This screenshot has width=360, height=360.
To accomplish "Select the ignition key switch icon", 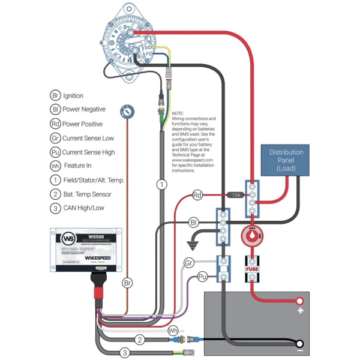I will click(x=127, y=110).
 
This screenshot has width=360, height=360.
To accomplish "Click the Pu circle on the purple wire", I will click(x=202, y=276).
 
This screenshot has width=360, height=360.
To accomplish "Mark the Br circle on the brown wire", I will click(x=127, y=282).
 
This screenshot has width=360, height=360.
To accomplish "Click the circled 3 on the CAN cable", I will click(x=125, y=353).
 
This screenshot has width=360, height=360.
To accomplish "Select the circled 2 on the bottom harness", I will click(x=140, y=340).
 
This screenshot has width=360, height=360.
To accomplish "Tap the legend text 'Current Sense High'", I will click(x=89, y=152).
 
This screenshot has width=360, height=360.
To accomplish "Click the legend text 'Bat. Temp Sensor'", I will click(x=87, y=194).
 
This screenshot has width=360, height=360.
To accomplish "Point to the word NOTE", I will click(x=178, y=113).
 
